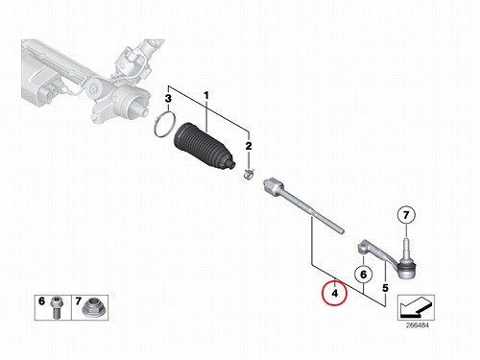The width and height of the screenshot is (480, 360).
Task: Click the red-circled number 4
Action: coord(334,293)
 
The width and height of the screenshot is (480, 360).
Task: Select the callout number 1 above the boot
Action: coord(206,95)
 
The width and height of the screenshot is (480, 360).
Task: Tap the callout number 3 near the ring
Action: coord(168,99)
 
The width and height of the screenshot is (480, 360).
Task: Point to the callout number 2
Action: coord(249,146)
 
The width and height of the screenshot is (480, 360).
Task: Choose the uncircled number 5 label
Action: coord(385,288)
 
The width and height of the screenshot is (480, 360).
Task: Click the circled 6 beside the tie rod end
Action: coord(364,275)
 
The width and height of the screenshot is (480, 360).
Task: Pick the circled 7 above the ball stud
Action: coord(406,215)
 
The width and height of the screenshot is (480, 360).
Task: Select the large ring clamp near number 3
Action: coord(164,125)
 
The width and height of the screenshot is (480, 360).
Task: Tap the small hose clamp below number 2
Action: coord(248,175)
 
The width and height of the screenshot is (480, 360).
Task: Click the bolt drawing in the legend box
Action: coord(57,307)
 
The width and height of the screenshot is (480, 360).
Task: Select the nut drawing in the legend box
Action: coord(91,308)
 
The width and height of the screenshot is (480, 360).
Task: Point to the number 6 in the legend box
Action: coord(41,301)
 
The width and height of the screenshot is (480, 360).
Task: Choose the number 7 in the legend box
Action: coord(79,301)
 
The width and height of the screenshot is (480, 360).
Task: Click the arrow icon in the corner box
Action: coord(416,307)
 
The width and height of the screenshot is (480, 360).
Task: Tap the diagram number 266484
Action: coord(418,325)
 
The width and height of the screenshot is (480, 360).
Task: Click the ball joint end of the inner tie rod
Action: coord(274,186)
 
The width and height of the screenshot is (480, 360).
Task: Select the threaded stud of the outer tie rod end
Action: coord(406,247)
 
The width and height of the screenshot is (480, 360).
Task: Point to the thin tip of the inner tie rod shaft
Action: coord(341,229)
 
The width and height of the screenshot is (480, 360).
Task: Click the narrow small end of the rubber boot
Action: coord(232,164)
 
